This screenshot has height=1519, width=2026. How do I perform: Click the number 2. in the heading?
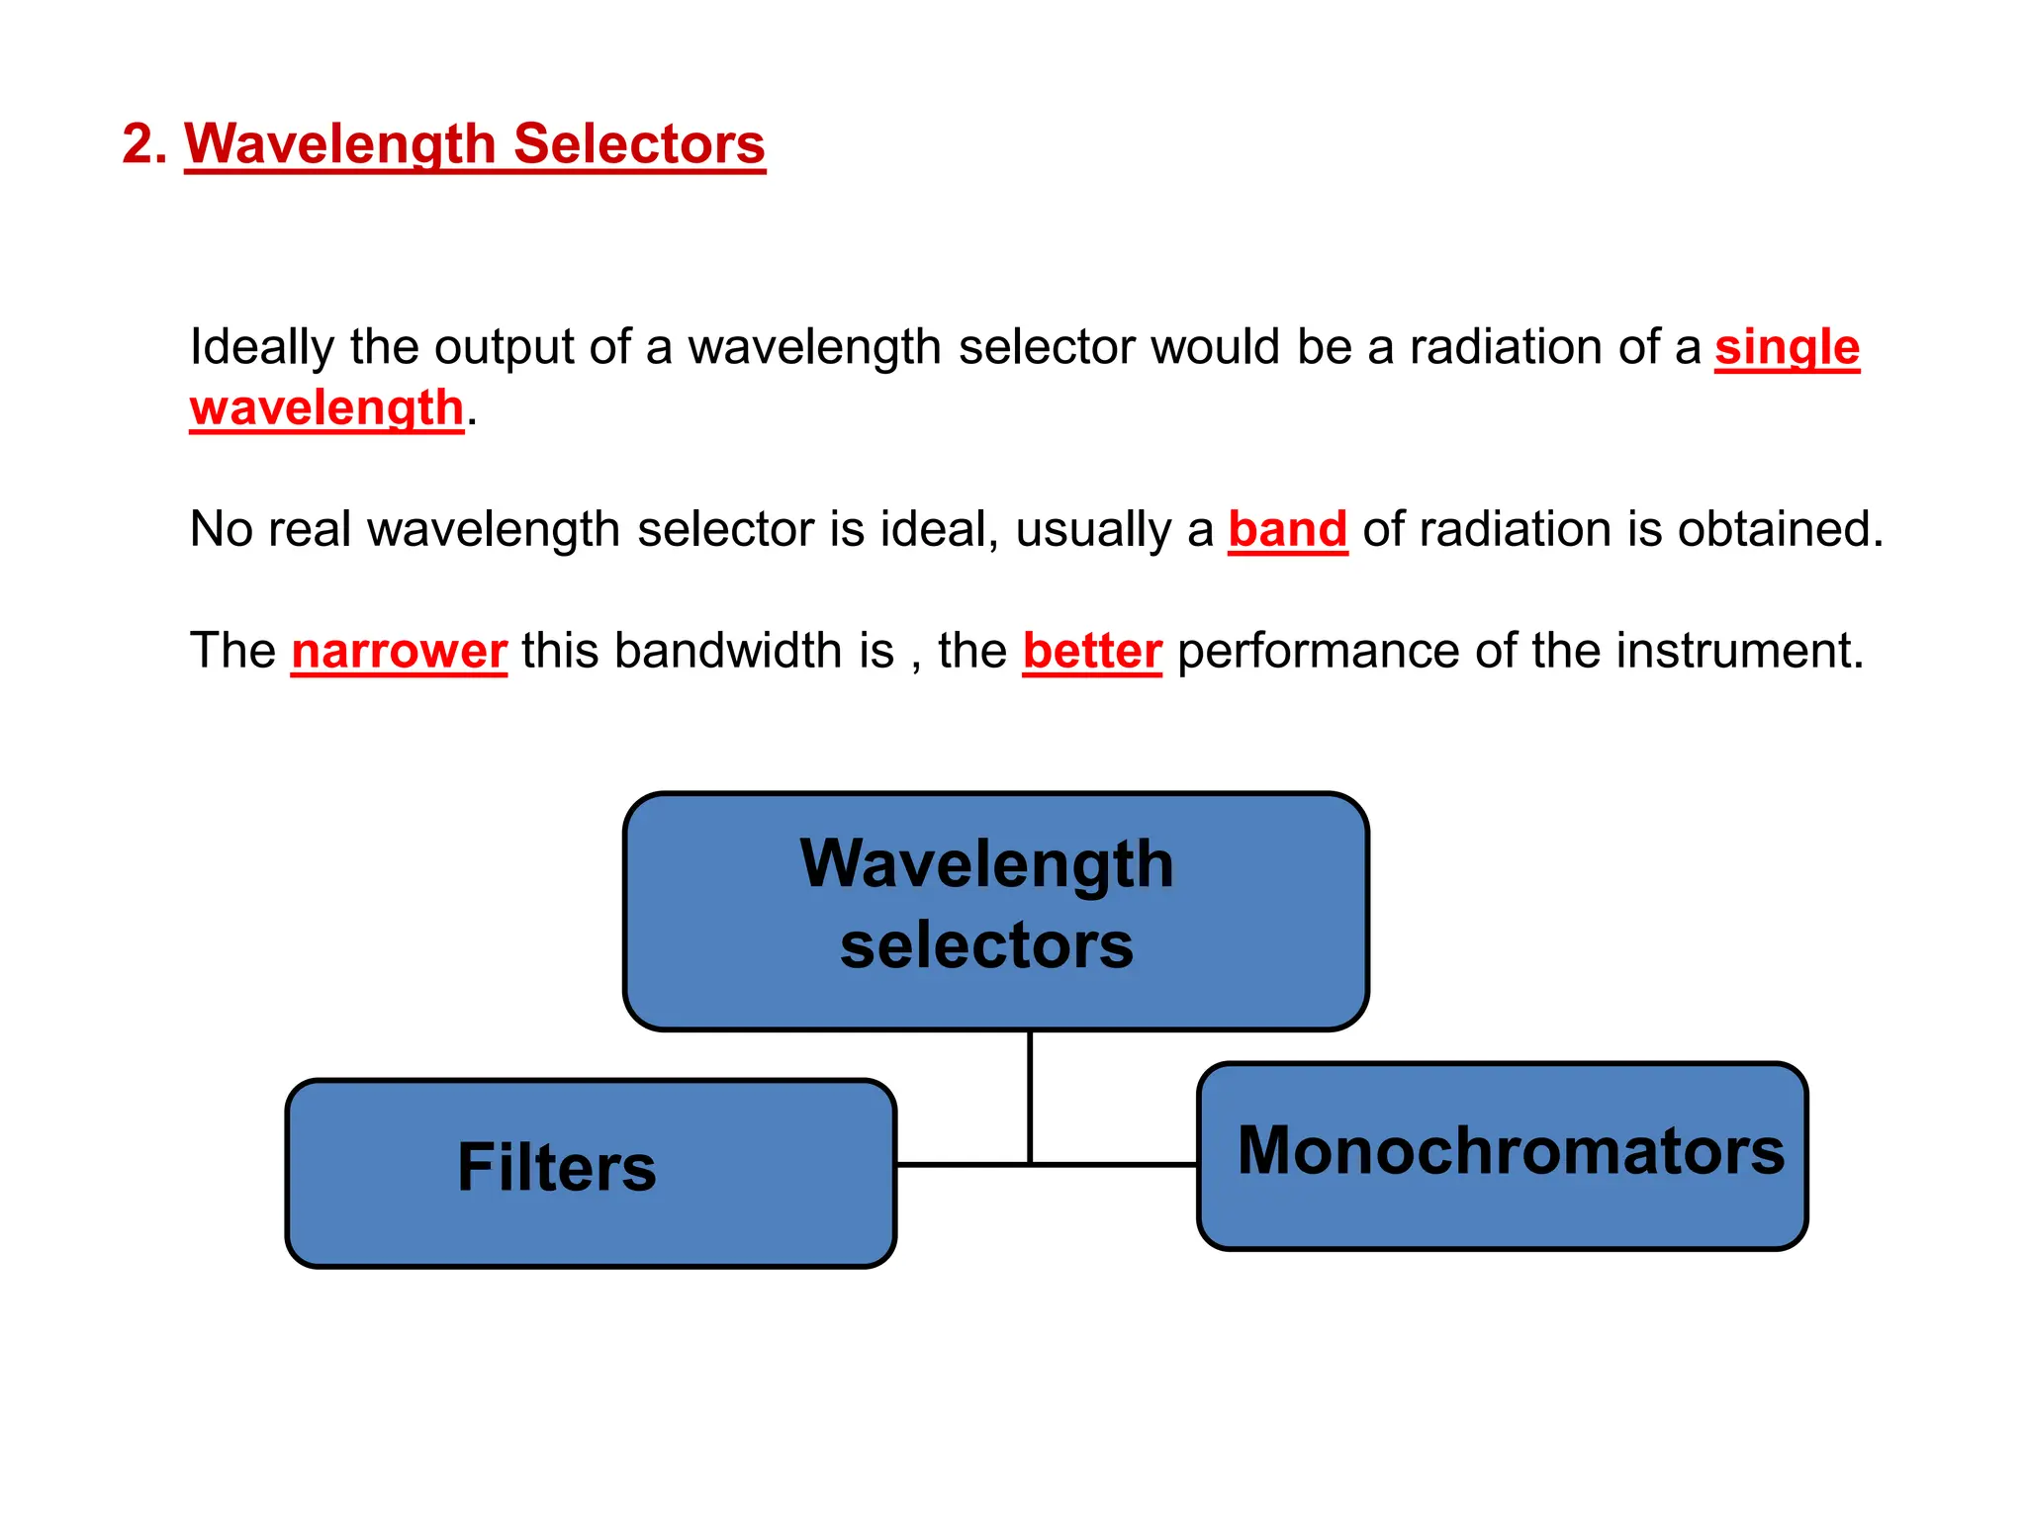click(144, 144)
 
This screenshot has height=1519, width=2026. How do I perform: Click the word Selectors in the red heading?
click(639, 144)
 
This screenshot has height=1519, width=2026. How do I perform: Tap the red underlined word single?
click(1787, 348)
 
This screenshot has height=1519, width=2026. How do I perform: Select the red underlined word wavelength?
click(326, 408)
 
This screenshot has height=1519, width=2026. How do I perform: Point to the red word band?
click(1287, 529)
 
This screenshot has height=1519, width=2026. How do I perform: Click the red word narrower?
click(399, 652)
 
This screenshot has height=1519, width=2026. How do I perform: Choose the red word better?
click(1092, 652)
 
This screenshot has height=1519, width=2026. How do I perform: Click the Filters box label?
click(556, 1168)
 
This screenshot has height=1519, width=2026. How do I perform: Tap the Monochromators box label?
click(1511, 1151)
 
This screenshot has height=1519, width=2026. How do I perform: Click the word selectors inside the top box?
click(986, 945)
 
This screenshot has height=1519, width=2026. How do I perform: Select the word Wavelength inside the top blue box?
click(986, 864)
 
